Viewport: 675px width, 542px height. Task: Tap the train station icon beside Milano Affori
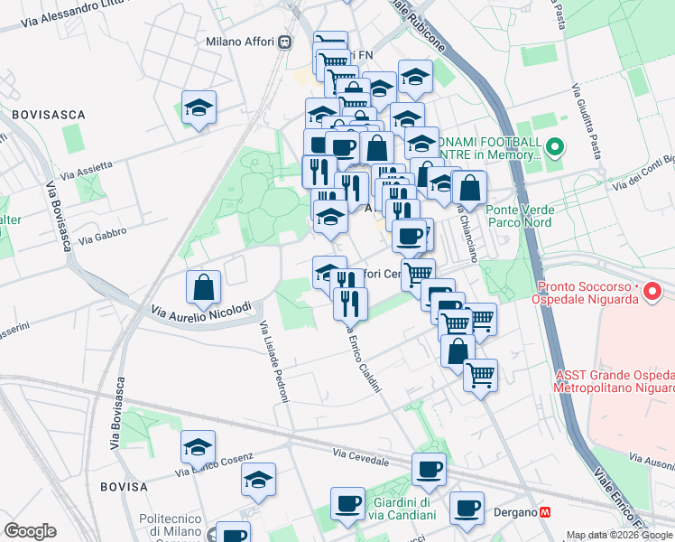[285, 41]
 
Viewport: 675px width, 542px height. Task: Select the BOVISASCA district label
[49, 115]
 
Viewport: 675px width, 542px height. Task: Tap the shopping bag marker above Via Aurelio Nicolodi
[204, 287]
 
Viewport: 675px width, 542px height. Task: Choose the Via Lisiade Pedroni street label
[270, 356]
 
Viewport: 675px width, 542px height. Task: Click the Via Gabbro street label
[103, 238]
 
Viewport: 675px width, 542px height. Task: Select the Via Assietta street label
[87, 169]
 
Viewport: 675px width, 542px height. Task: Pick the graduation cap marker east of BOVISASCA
[199, 108]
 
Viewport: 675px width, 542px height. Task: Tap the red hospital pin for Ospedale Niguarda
[655, 292]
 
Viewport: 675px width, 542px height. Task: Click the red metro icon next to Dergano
[545, 512]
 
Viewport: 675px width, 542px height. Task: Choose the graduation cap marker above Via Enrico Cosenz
[199, 447]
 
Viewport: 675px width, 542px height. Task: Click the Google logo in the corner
[30, 531]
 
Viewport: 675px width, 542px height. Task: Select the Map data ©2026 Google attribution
[620, 535]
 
